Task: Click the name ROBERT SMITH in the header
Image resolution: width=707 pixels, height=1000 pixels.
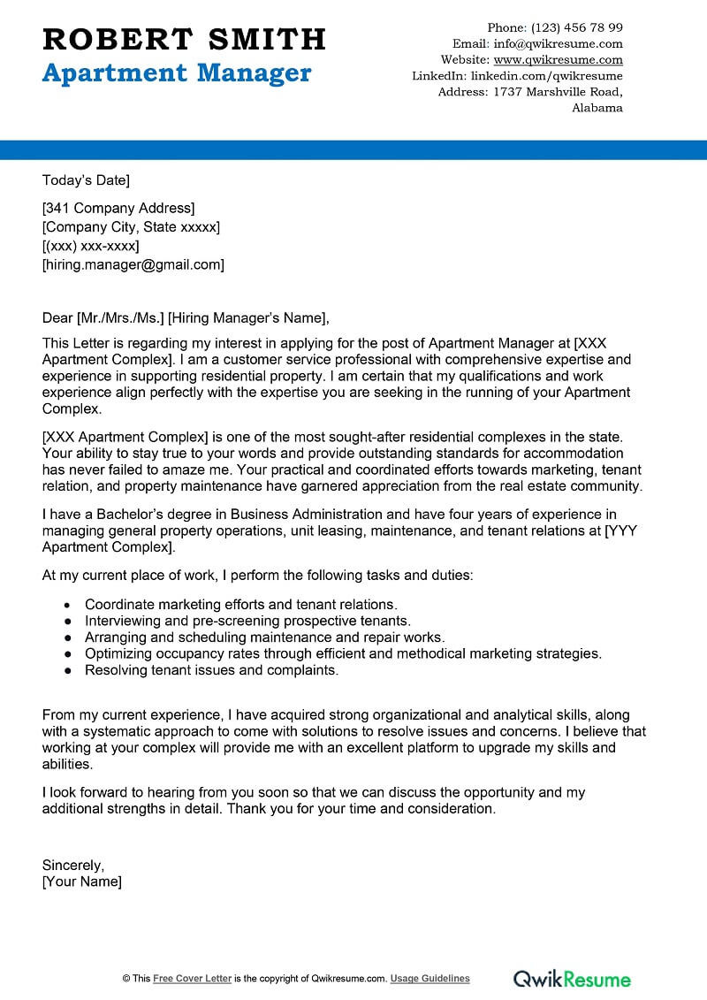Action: (184, 39)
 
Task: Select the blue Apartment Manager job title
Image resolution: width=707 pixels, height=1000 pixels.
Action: (177, 73)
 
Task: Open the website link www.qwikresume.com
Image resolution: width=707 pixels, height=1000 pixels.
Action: (558, 60)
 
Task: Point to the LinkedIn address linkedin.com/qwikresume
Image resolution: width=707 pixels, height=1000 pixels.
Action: (546, 76)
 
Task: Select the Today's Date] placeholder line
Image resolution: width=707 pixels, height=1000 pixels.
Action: (86, 180)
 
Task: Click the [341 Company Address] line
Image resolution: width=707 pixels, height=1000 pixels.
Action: (118, 209)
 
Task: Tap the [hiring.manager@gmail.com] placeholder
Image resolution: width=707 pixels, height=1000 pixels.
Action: (133, 264)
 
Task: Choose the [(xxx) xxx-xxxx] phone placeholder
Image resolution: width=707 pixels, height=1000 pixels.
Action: (90, 246)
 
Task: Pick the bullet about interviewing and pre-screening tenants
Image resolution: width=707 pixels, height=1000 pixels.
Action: (247, 622)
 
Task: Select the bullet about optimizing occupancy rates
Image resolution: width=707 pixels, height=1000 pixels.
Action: (343, 653)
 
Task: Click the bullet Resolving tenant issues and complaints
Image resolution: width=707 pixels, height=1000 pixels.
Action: (211, 670)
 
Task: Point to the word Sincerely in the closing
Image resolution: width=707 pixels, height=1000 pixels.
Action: (73, 866)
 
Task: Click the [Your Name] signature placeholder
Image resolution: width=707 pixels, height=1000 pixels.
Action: (82, 882)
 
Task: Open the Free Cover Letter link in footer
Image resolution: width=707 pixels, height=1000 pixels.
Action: (192, 979)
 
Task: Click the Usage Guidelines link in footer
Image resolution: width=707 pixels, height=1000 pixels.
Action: (430, 979)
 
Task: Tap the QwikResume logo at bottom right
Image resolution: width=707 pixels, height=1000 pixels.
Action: (572, 978)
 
